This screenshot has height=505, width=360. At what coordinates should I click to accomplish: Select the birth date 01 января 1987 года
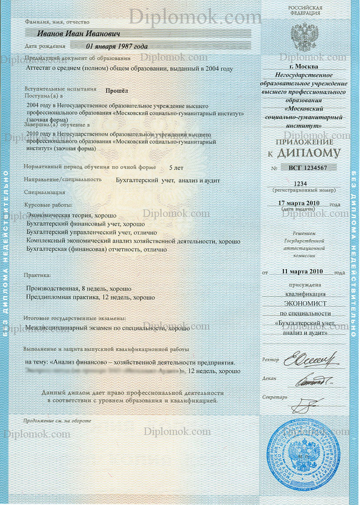117,46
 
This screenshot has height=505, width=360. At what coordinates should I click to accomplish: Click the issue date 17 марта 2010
299,203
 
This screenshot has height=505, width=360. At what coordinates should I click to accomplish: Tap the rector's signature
310,360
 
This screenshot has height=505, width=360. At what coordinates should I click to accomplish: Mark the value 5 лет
176,167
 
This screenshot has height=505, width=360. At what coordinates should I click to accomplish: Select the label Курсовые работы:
48,205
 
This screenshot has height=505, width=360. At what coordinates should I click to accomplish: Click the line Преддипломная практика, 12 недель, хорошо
91,297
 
